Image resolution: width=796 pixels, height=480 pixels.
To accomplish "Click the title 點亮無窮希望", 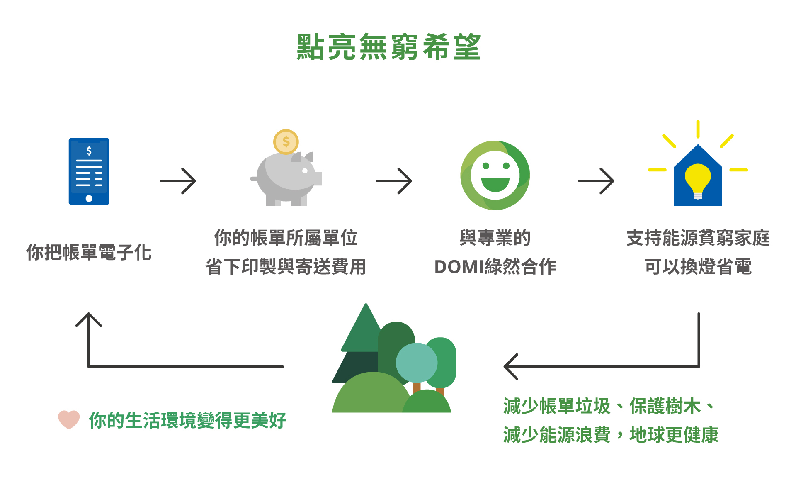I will pos(388,47).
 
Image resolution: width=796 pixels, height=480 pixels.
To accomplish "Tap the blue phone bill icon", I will pos(89,171).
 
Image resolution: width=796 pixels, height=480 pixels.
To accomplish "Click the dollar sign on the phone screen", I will pos(89,151).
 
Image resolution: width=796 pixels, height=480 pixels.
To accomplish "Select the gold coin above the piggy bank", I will pos(286,141).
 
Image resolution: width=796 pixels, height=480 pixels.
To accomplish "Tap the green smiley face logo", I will pos(495,175).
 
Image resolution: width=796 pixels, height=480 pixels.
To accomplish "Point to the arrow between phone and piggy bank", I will pos(178,181).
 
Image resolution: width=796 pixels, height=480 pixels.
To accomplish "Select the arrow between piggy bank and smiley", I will pos(394,181).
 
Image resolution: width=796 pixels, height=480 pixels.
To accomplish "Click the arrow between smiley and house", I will pos(596,181).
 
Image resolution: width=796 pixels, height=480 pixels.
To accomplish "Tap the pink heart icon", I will pos(69,419).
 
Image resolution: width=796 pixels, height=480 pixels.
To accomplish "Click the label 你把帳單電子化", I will pos(89,252).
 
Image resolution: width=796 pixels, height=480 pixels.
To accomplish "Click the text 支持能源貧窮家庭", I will pos(698,238).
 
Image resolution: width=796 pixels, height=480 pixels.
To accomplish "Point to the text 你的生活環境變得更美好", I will pos(187,420).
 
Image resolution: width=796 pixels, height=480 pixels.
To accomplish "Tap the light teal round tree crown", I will pos(416,363).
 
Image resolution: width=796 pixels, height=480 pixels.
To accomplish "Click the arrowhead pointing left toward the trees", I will pos(511,367).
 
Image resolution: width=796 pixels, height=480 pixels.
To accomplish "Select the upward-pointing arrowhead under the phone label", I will pos(89,319).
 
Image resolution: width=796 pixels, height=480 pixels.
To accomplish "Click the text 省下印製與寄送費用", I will pos(286,267).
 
